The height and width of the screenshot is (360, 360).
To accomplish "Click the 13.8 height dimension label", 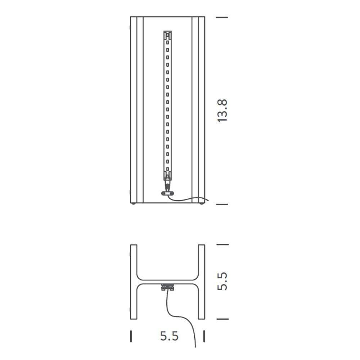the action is click(x=222, y=111).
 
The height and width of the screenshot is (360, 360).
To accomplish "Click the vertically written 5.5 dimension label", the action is click(x=222, y=281).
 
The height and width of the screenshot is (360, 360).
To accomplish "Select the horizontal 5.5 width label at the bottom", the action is click(x=169, y=336).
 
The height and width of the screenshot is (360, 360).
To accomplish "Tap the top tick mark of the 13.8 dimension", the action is click(x=222, y=17).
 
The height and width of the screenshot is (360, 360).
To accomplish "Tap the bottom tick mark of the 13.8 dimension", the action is click(x=222, y=204).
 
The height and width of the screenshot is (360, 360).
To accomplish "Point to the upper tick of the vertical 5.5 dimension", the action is click(x=222, y=244).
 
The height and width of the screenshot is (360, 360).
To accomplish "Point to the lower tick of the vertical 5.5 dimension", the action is click(x=222, y=319).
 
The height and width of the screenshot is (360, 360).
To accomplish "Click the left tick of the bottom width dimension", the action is click(x=131, y=336).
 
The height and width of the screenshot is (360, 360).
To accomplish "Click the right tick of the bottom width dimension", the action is click(x=204, y=336).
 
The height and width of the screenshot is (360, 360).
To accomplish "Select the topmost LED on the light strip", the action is click(x=168, y=42).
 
